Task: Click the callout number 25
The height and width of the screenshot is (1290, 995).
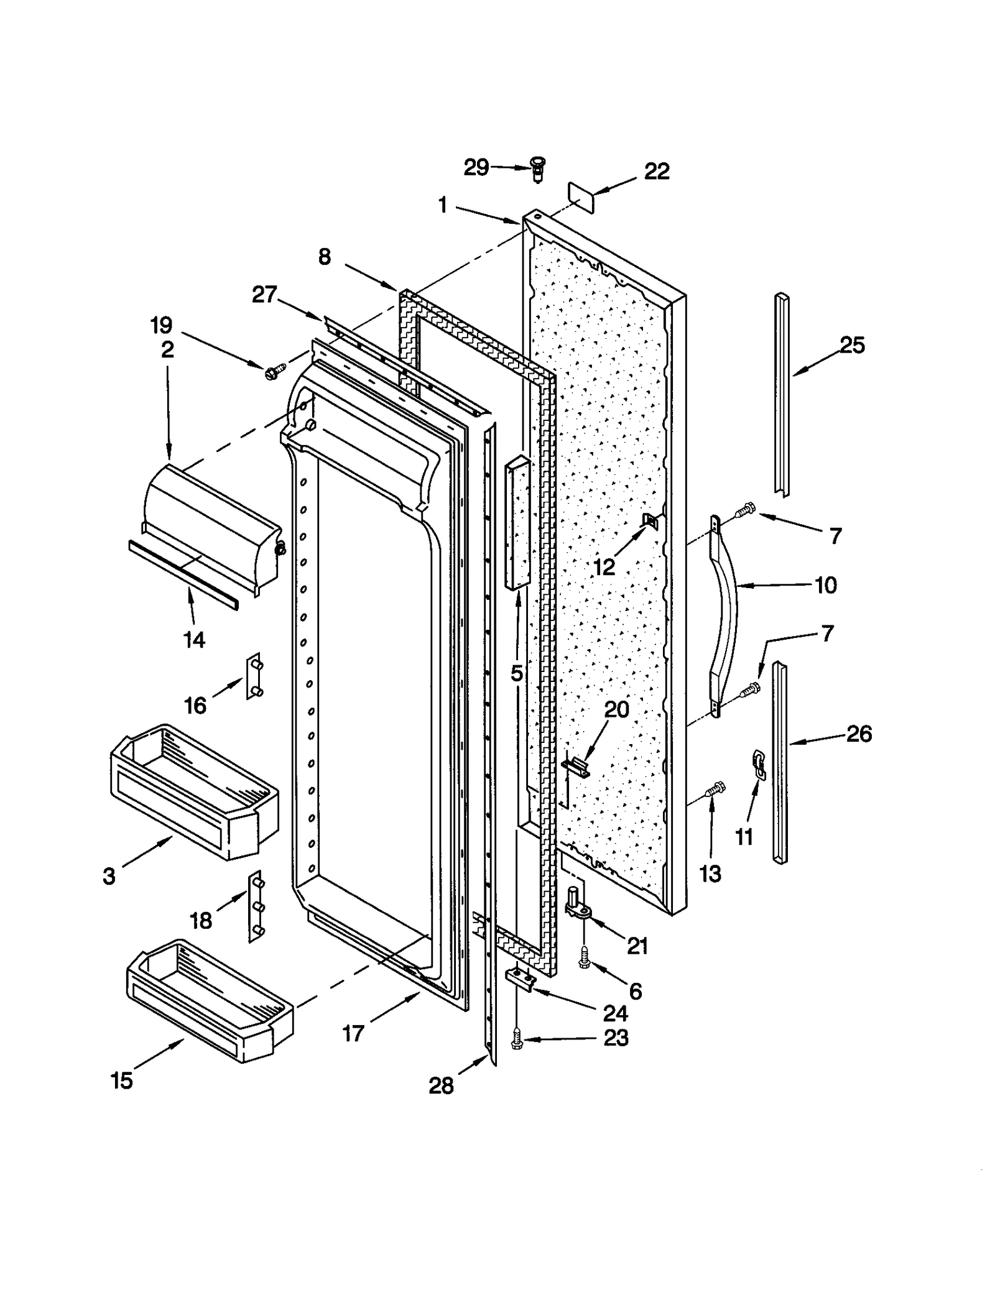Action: tap(852, 346)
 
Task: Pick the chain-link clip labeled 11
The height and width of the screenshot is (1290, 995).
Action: tap(759, 764)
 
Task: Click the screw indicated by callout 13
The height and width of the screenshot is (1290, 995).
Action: tap(715, 790)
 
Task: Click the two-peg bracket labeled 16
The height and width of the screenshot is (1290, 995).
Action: tap(254, 676)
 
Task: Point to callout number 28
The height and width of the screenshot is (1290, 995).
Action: tap(441, 1086)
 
